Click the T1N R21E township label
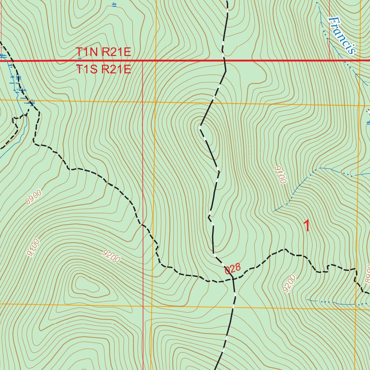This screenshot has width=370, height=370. point(103,52)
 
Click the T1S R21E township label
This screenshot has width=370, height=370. point(103,69)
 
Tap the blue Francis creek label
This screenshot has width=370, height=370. point(342,35)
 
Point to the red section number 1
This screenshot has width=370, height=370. point(307,226)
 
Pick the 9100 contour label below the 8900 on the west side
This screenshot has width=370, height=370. point(33,248)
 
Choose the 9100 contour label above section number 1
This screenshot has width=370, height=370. point(280,175)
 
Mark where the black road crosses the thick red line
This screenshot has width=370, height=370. point(224,61)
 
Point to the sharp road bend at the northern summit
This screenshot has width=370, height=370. point(200,126)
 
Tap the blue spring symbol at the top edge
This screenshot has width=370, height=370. point(114,5)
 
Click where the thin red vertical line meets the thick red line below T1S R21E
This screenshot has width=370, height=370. point(143,61)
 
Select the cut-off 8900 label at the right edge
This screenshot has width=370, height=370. point(367,273)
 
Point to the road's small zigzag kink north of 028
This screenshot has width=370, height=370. point(210,218)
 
